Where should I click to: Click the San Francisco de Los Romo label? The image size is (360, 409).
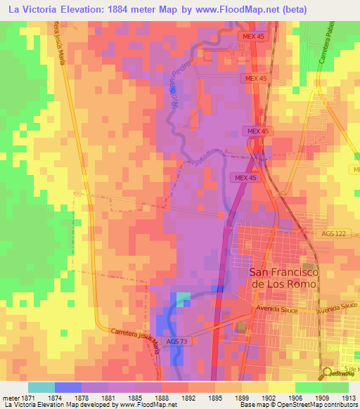pyautogui.click(x=285, y=277)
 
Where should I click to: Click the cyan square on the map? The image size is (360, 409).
pyautogui.click(x=183, y=299)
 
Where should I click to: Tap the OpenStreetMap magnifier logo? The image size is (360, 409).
pyautogui.click(x=328, y=373)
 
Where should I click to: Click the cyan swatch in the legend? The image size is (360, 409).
pyautogui.click(x=41, y=387)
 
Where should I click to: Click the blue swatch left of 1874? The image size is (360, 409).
pyautogui.click(x=67, y=387)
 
